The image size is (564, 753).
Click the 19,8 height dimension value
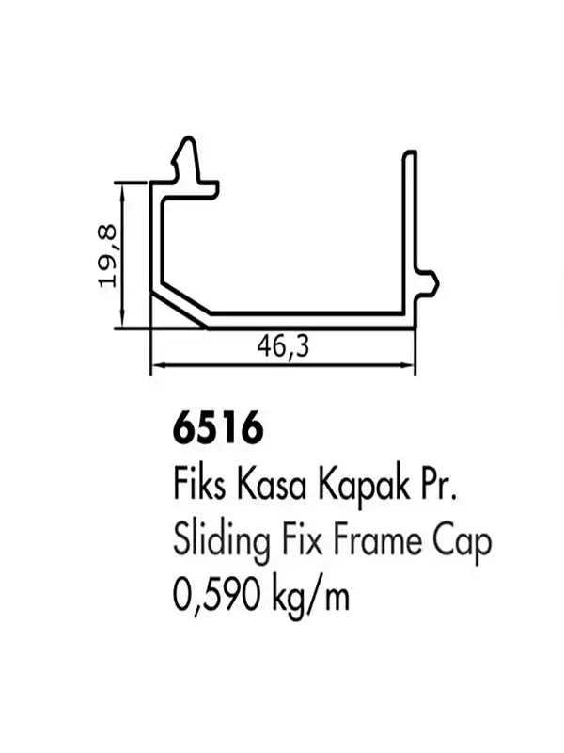pyautogui.click(x=107, y=256)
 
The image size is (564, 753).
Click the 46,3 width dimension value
pyautogui.click(x=283, y=346)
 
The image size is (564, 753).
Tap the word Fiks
pyautogui.click(x=199, y=485)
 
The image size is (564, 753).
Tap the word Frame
pyautogui.click(x=377, y=540)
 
